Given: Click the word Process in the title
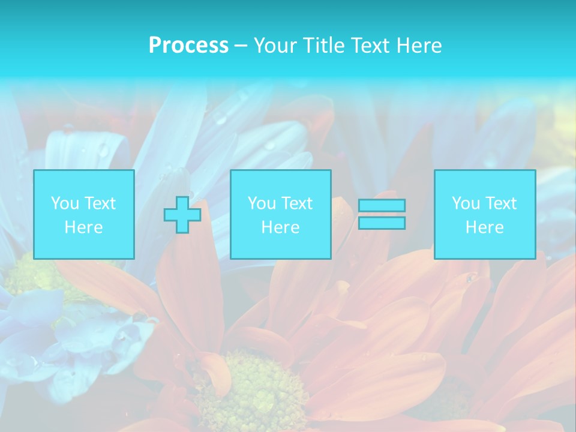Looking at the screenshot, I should pos(188,46).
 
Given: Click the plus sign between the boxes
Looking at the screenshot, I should pos(182,215).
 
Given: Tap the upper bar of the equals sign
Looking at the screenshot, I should pos(382,205).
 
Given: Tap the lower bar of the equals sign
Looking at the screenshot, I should pos(382,223).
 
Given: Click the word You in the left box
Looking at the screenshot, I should pos(65,203).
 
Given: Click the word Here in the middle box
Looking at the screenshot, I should pos(280,227).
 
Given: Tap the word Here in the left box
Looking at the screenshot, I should pos(84,227).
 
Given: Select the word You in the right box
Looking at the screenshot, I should pos(466,203).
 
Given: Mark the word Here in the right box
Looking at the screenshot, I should pos(485,227).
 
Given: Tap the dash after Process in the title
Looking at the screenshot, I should pos(241,46).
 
